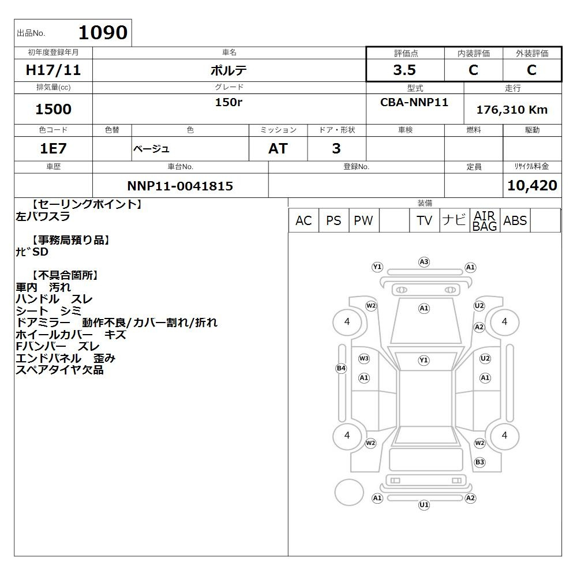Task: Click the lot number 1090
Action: pyautogui.click(x=103, y=32)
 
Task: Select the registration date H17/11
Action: pyautogui.click(x=53, y=70)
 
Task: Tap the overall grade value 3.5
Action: pyautogui.click(x=404, y=70)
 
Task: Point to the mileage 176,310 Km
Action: pyautogui.click(x=512, y=110)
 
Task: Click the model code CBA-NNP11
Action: pyautogui.click(x=414, y=102)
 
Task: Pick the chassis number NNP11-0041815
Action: pyautogui.click(x=180, y=186)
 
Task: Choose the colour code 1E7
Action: pyautogui.click(x=53, y=148)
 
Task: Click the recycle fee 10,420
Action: pyautogui.click(x=532, y=185)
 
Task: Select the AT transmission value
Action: pyautogui.click(x=278, y=148)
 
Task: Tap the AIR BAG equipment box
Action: pyautogui.click(x=485, y=220)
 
